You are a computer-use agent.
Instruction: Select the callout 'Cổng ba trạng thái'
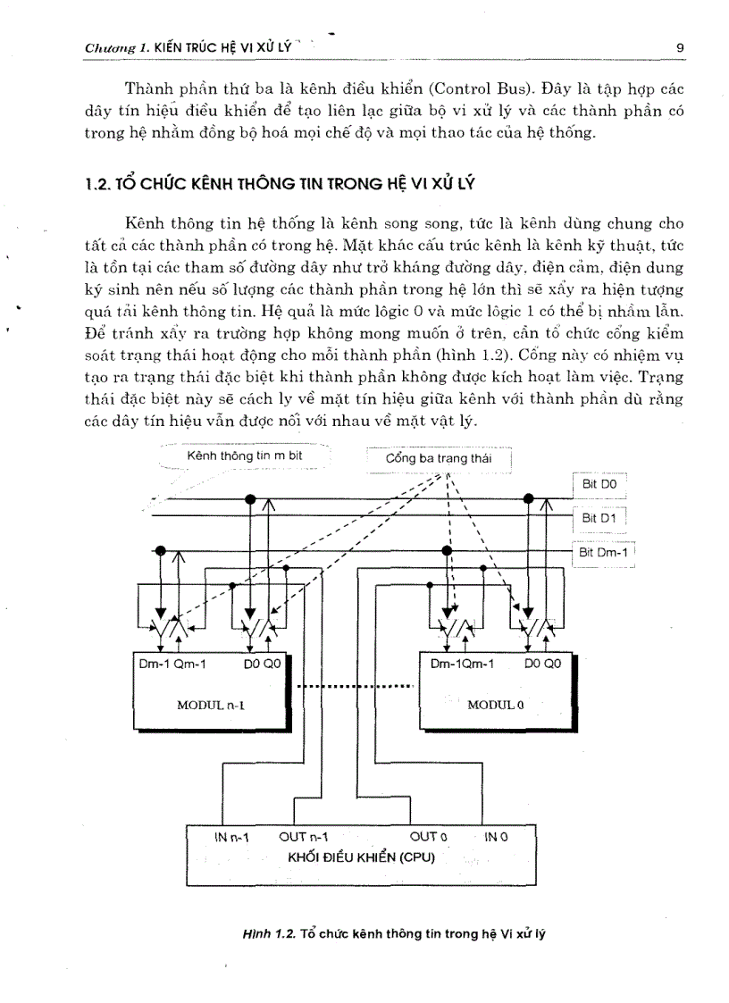point(439,459)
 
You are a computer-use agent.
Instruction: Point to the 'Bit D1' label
point(599,517)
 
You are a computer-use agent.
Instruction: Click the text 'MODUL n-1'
point(211,705)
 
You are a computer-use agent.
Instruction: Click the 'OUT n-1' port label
point(304,837)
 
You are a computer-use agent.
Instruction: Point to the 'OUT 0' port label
point(428,837)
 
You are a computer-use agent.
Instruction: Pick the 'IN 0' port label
point(496,837)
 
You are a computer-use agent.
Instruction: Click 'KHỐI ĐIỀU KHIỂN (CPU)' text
point(361,857)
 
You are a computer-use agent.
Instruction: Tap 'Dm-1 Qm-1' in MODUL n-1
point(172,664)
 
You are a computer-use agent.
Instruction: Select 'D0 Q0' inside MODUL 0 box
point(542,664)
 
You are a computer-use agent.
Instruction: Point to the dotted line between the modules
point(355,686)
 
